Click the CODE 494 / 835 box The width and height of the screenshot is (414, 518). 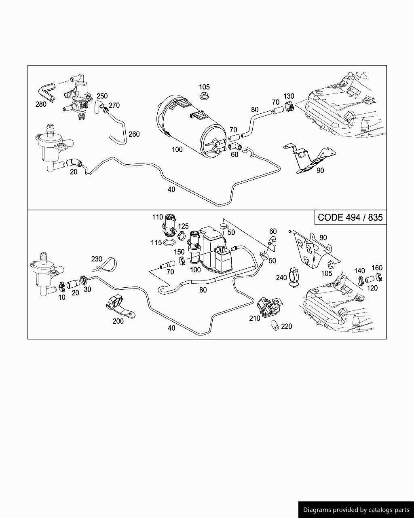pos(350,217)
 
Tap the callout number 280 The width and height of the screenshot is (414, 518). pos(41,104)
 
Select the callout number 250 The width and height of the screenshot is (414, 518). pos(102,96)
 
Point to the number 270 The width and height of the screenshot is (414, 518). pos(114,105)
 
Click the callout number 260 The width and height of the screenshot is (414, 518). pos(134,134)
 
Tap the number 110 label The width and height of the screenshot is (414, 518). pos(158,217)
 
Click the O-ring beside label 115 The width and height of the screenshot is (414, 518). pos(170,243)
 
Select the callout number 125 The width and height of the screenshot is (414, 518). pos(183,226)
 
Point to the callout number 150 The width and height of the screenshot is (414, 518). pos(179,252)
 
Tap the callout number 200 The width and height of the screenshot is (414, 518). pos(118,321)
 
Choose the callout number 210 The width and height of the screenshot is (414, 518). pos(255,318)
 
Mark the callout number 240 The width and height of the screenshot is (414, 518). pos(281,278)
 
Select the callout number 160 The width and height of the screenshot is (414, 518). pos(377,268)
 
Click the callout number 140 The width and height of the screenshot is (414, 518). pos(359,271)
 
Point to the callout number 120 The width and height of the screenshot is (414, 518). pos(372,288)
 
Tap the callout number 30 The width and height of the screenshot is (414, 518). pos(87,289)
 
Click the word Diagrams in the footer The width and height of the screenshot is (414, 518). pos(317,510)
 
